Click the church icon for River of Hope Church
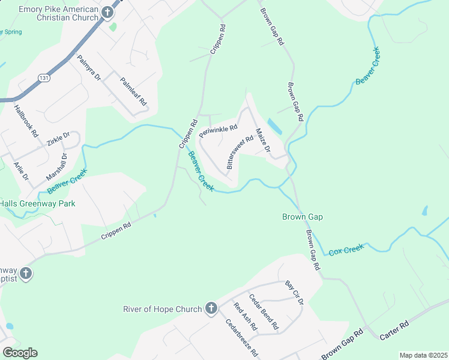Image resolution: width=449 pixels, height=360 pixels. click(x=211, y=309)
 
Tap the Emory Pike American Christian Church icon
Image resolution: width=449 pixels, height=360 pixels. click(x=107, y=12)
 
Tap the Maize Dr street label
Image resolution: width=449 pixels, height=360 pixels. click(x=263, y=140)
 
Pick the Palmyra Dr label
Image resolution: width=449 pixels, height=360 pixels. click(x=88, y=68)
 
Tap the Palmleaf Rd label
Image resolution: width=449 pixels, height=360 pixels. click(x=133, y=91)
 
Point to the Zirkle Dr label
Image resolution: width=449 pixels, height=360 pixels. click(x=58, y=139)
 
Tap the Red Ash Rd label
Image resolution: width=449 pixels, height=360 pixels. click(x=245, y=317)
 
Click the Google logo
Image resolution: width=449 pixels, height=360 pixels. click(x=20, y=352)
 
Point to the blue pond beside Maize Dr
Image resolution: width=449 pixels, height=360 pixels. click(x=274, y=126)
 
